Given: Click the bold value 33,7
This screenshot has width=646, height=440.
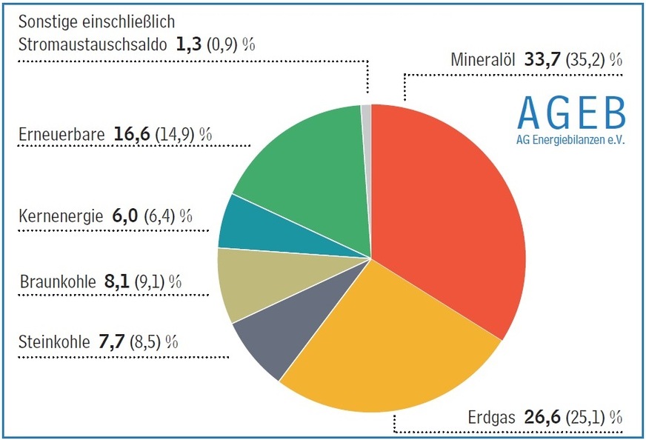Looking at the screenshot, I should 543,59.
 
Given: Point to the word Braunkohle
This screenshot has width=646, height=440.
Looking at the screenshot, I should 57,281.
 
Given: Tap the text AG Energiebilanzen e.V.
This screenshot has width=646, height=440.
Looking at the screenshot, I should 571,139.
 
